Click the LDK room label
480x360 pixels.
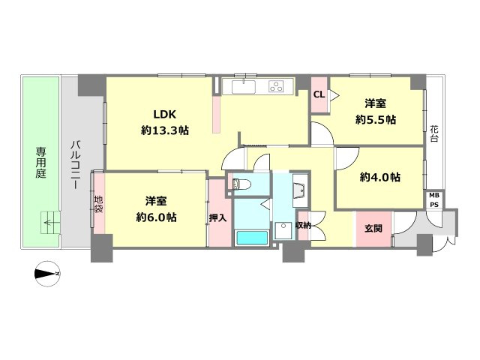tap(165, 115)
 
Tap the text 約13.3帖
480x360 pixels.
tap(165, 130)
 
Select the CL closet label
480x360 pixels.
tap(319, 94)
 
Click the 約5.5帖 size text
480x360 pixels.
tap(376, 119)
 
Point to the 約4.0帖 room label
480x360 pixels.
tap(380, 177)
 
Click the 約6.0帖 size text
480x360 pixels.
tap(156, 217)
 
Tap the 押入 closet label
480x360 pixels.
tap(218, 218)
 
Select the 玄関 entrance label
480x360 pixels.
tap(373, 228)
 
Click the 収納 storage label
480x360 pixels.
tap(303, 226)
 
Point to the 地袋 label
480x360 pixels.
tap(98, 204)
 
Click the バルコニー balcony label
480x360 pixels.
tap(76, 164)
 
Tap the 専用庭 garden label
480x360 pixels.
tap(40, 163)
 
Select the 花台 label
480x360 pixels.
tap(433, 133)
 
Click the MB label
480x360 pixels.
tap(433, 195)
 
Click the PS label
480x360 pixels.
tap(433, 205)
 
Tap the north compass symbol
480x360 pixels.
tap(47, 274)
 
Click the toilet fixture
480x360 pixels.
tap(241, 184)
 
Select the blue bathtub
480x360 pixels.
tap(252, 238)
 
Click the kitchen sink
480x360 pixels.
tap(243, 87)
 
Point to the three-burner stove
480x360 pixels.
tap(277, 86)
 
